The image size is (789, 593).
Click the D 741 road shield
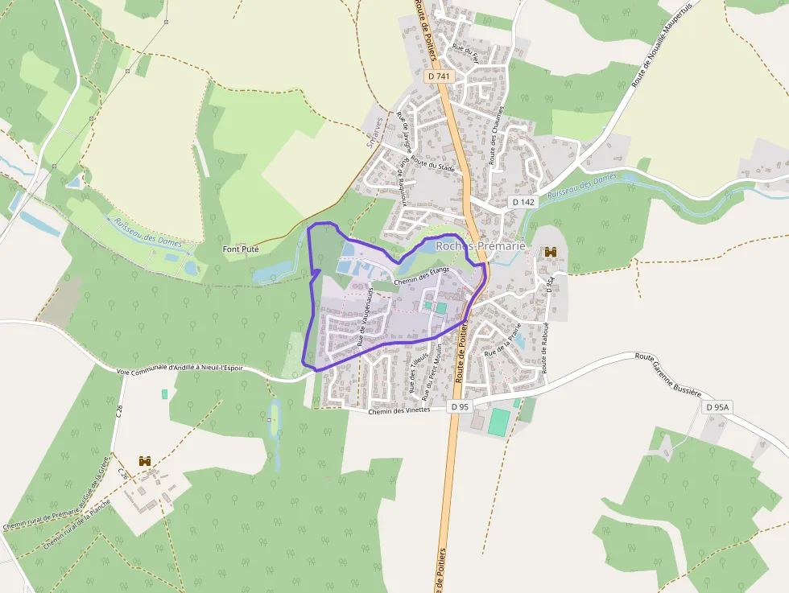440,76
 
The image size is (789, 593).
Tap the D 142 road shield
523,202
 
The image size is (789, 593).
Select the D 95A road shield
717,407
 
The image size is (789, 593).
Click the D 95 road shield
459,407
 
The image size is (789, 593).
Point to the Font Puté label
241,249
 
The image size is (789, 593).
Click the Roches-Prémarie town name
480,245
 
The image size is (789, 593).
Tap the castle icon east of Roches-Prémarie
551,253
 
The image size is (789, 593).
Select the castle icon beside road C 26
145,461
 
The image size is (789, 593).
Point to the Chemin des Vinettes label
399,410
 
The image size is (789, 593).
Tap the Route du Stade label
432,165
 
